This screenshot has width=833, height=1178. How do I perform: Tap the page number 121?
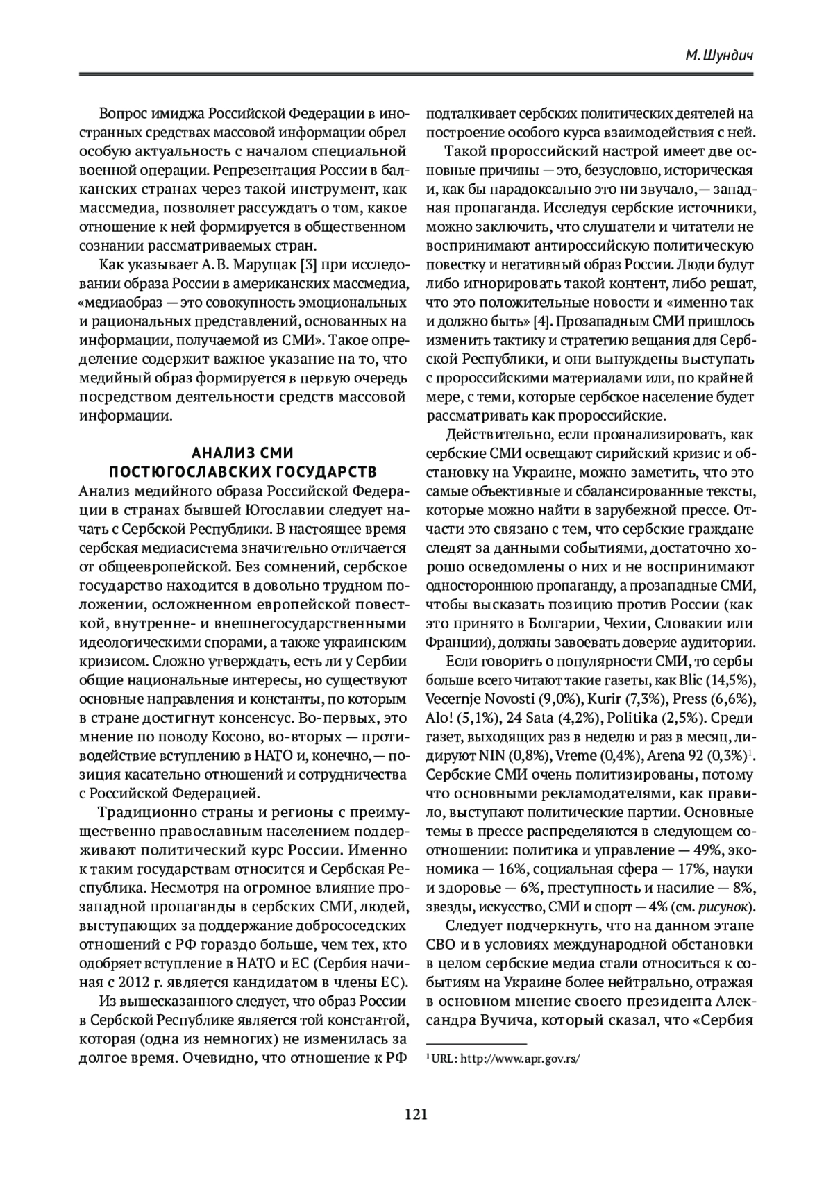pyautogui.click(x=416, y=1114)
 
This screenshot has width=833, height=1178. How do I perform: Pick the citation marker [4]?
pyautogui.click(x=544, y=322)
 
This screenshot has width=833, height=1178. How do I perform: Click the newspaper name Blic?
pyautogui.click(x=692, y=679)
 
